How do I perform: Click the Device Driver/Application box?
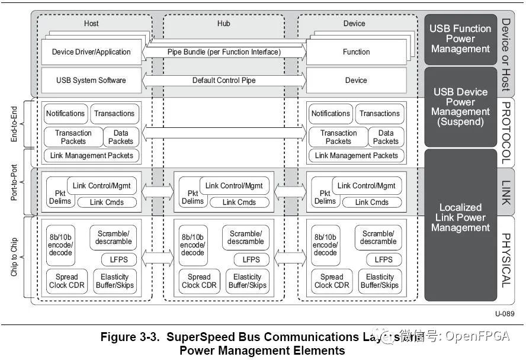click(x=91, y=52)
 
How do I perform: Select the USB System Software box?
click(x=91, y=81)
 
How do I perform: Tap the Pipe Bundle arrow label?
click(x=224, y=52)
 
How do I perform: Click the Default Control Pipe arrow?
click(x=224, y=81)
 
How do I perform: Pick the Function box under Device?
click(x=356, y=52)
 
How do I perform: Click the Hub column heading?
click(x=223, y=24)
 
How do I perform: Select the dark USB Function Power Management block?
click(x=460, y=39)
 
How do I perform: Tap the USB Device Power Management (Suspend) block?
click(x=460, y=107)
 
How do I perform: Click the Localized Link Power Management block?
click(x=460, y=217)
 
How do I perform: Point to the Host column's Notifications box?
click(x=66, y=114)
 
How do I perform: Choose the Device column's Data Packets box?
click(x=386, y=137)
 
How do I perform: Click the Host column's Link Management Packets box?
click(x=91, y=156)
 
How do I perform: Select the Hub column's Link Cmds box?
click(x=239, y=202)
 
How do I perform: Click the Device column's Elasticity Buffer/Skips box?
click(x=380, y=281)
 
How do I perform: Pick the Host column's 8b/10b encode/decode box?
click(x=60, y=245)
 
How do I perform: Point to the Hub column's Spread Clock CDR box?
click(x=199, y=281)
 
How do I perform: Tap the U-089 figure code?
click(x=504, y=313)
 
